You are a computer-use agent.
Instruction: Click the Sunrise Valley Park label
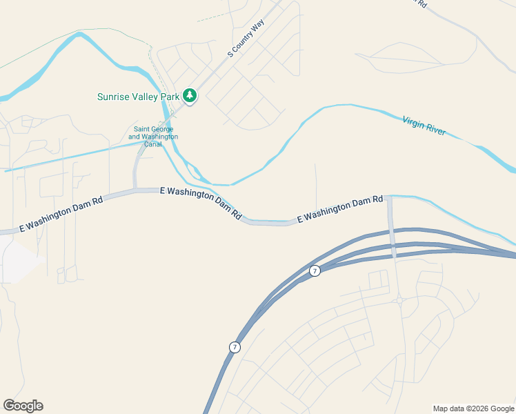click(x=138, y=97)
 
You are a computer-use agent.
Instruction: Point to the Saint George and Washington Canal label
click(x=153, y=137)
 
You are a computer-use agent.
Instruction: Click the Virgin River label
click(x=424, y=126)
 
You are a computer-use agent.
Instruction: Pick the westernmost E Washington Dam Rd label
click(x=61, y=213)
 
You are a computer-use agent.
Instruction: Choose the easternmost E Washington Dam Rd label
click(x=340, y=208)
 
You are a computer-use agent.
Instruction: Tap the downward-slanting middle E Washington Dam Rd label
click(x=201, y=203)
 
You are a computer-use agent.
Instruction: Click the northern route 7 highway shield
click(x=315, y=270)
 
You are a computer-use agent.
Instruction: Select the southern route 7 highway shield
click(x=235, y=347)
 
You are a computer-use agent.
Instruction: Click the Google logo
click(x=23, y=406)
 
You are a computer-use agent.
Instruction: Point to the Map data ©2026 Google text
click(x=474, y=408)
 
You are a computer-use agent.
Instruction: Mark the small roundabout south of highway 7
click(x=399, y=300)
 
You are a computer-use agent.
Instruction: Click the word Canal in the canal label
click(x=153, y=144)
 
